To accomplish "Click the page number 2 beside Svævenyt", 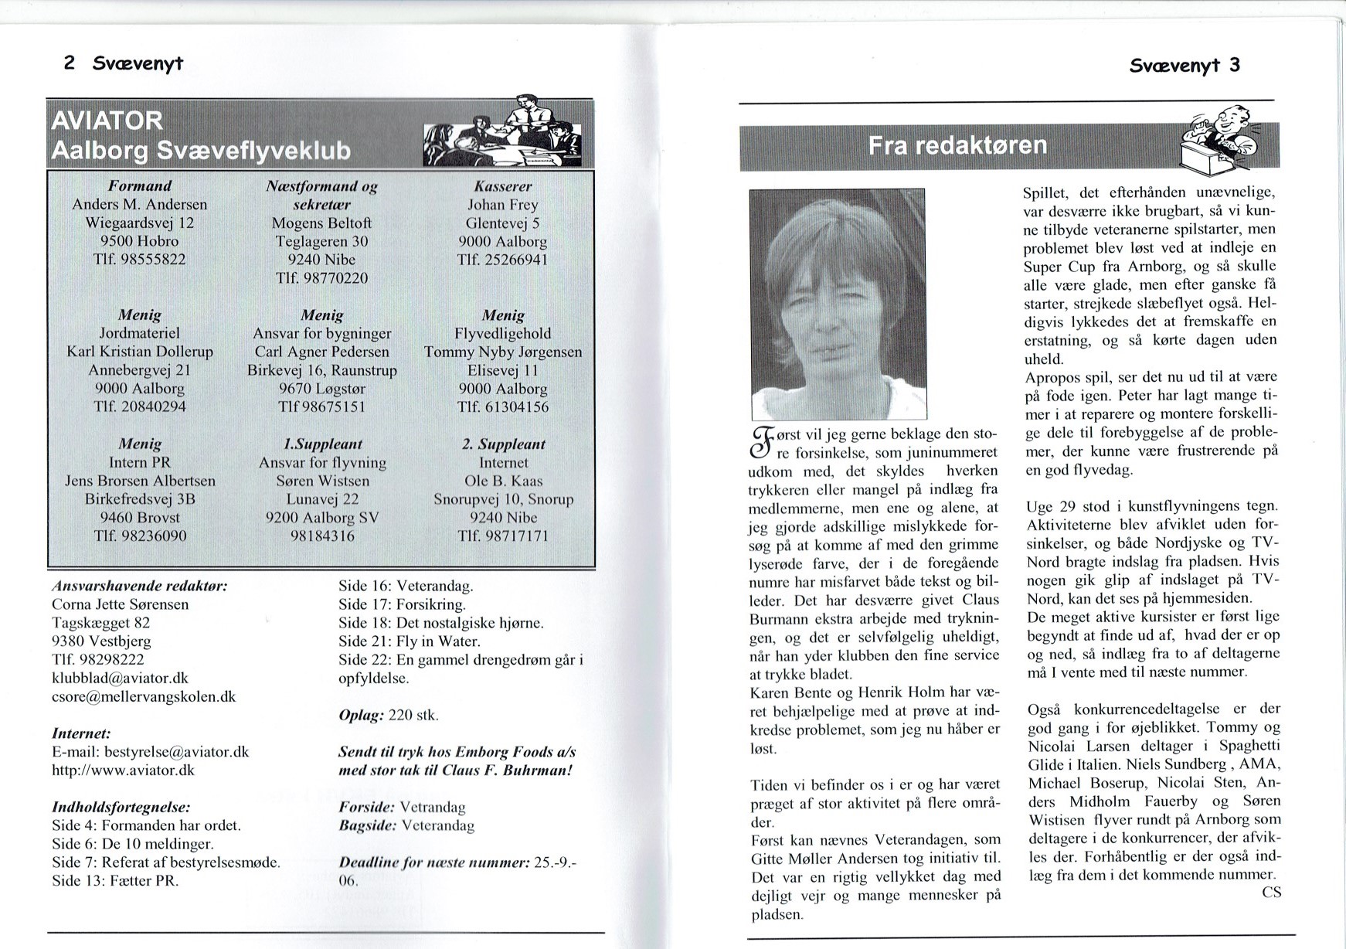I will click(x=70, y=63).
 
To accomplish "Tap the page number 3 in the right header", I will click(x=1234, y=65).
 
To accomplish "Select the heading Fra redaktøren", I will click(x=957, y=146).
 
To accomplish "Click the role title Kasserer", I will click(x=502, y=186).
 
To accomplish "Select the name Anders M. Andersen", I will click(x=140, y=205).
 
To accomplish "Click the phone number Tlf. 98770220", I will click(x=321, y=278).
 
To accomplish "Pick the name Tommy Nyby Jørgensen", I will click(x=503, y=352).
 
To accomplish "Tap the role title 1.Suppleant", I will click(x=322, y=445).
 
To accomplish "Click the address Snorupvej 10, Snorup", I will click(x=503, y=499).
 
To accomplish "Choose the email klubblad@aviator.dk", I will click(x=120, y=678).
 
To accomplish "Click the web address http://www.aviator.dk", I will click(x=123, y=770).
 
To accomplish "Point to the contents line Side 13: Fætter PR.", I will click(x=115, y=881).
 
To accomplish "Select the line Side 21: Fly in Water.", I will click(x=410, y=641).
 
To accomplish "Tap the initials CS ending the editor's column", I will click(x=1270, y=893).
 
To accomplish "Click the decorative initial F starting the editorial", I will click(x=761, y=441).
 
